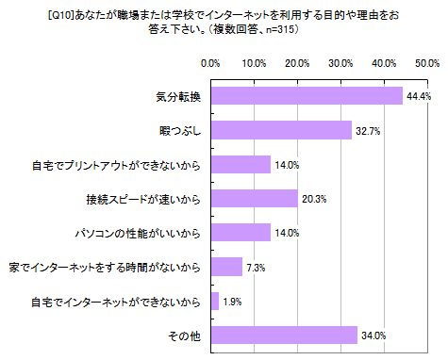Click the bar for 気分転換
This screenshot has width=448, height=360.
click(307, 96)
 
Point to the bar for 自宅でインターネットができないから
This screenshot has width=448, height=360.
click(215, 301)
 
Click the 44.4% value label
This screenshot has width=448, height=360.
click(418, 96)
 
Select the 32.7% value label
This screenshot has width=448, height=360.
click(368, 130)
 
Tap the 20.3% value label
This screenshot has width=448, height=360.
click(314, 198)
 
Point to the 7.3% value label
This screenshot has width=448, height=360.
click(256, 267)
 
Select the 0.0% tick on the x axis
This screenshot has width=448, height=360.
click(211, 63)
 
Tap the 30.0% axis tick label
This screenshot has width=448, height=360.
click(340, 63)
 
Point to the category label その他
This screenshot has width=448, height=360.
click(186, 335)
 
